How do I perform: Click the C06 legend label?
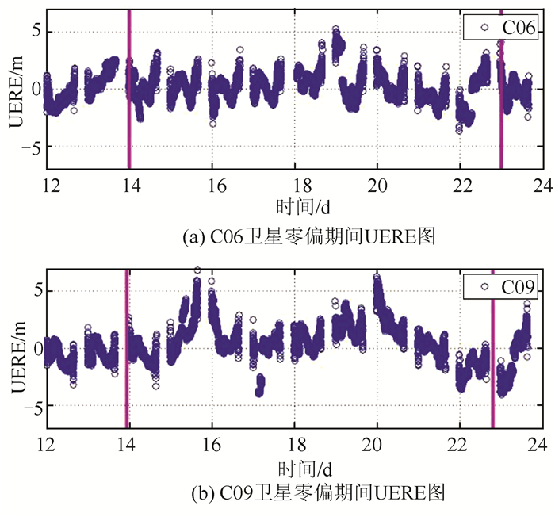[x=519, y=31]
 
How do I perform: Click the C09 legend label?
[x=519, y=286]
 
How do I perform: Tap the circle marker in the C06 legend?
[x=481, y=30]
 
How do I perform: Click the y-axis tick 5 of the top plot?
[x=35, y=33]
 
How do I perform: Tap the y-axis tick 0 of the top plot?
[x=35, y=89]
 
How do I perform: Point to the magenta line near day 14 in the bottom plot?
[x=127, y=349]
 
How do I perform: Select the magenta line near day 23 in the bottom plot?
[x=492, y=349]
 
